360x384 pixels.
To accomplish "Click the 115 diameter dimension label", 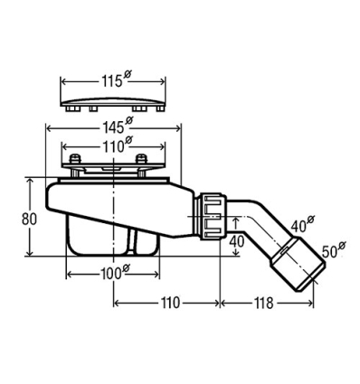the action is click(115, 80).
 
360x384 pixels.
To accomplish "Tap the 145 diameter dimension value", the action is click(118, 126).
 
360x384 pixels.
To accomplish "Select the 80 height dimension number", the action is click(29, 220).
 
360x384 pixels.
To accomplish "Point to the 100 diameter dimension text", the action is click(114, 273).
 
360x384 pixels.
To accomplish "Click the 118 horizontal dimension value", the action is click(264, 303).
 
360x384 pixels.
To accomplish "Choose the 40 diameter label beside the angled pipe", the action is click(302, 223).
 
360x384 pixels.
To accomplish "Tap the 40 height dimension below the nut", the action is click(237, 241).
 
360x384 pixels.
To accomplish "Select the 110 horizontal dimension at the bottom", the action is click(170, 303).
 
